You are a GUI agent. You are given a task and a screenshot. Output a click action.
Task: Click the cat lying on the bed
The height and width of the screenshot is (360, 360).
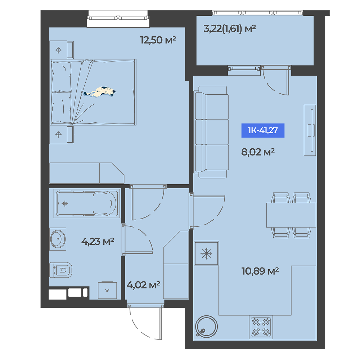pos(100,92)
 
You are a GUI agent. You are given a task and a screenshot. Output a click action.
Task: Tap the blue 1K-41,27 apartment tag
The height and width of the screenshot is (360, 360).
pos(263,130)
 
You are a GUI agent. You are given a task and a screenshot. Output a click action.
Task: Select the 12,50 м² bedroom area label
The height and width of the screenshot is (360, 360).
pos(158,40)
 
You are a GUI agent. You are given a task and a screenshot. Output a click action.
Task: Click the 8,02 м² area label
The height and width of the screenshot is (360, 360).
pos(258,152)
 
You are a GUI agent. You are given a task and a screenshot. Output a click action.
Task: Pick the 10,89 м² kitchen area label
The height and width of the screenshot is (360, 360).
pos(260,271)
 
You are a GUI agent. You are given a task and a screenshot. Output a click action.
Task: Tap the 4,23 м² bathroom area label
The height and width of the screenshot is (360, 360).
pos(98,241)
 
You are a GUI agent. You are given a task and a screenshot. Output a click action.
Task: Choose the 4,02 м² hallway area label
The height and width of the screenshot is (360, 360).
pos(143,285)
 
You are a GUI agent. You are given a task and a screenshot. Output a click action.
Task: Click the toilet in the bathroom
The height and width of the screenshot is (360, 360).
pos(61,270)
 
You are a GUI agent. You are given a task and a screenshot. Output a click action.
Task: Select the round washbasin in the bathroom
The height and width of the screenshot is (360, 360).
pos(58,239)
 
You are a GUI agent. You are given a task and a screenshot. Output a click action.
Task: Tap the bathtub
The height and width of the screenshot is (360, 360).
pos(87,203)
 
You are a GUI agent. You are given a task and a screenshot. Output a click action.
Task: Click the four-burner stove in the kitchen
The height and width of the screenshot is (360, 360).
pos(261,327)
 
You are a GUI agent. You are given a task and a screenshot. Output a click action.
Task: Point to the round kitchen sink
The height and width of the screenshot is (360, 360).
pos(206,327)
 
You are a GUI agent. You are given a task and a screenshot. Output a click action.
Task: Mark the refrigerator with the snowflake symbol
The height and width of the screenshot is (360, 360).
pos(206,253)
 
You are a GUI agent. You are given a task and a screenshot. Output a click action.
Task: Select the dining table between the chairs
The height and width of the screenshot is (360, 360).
pos(291,215)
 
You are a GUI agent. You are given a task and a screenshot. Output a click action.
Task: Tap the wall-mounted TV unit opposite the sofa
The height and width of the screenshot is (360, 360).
pos(310,130)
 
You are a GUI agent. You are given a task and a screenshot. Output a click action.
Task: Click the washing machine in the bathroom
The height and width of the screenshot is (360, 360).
pos(107,291)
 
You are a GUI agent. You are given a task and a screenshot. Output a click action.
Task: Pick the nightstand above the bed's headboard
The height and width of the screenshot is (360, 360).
pos(62,50)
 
